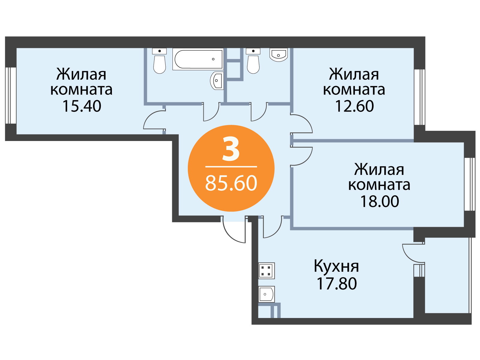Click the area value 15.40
click(x=82, y=106)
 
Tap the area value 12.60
click(x=355, y=106)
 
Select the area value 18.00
click(x=379, y=201)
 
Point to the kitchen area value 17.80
click(x=337, y=284)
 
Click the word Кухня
click(x=336, y=266)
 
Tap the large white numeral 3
click(x=231, y=149)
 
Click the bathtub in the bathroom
click(x=198, y=59)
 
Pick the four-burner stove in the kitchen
click(x=266, y=271)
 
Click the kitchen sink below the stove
click(x=266, y=294)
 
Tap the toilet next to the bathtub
click(x=159, y=61)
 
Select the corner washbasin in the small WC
click(x=278, y=55)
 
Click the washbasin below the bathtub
click(x=217, y=80)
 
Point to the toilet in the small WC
click(x=253, y=61)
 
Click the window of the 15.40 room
click(x=11, y=95)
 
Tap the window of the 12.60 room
click(x=420, y=97)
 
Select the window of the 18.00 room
click(x=470, y=184)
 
